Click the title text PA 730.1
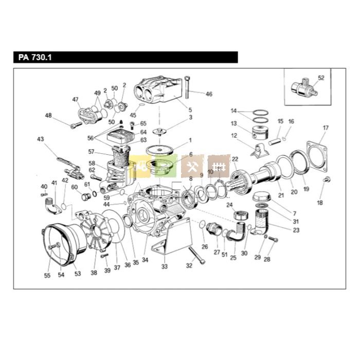click(x=32, y=57)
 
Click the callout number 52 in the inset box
click(x=321, y=78)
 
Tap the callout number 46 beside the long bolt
click(x=209, y=94)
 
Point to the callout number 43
click(x=41, y=139)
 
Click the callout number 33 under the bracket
click(x=165, y=266)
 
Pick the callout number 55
click(x=47, y=276)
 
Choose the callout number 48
click(x=48, y=116)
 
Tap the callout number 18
click(x=320, y=203)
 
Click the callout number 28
click(x=266, y=259)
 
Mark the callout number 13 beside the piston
click(x=233, y=123)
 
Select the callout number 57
click(x=91, y=152)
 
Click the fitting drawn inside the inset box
click(x=304, y=90)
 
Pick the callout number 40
click(x=44, y=186)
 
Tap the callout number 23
click(x=296, y=230)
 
